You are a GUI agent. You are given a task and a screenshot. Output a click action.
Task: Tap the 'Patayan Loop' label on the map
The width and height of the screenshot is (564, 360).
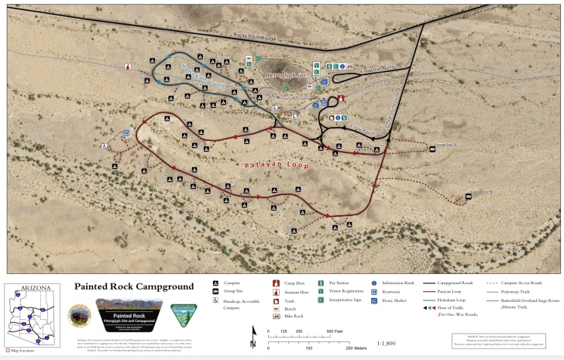coord(277,165)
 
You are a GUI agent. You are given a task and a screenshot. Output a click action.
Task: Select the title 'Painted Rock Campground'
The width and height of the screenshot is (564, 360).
coord(134,286)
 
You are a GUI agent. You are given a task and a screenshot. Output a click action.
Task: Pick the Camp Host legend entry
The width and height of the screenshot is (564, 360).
coord(288,284)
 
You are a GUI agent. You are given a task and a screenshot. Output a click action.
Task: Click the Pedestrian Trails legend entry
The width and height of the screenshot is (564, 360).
coord(518,292)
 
